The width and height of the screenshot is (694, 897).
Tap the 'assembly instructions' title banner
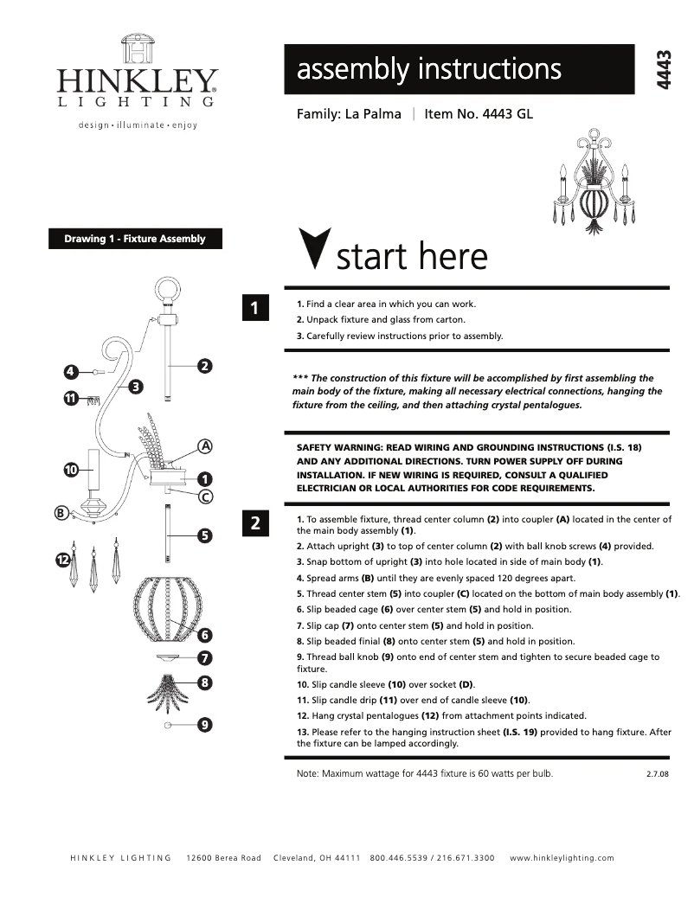point(459,69)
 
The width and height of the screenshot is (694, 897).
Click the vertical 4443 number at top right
point(665,68)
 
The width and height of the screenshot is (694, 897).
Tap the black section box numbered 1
point(255,308)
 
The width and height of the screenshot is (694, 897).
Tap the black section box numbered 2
point(255,522)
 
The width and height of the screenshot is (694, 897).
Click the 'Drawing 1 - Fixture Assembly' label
point(135,239)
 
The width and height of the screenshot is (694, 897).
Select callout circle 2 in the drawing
point(204,366)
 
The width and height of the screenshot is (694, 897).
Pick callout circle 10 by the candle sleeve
point(72,469)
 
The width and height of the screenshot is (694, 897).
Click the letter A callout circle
point(205,446)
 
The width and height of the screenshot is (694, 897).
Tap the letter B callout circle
point(61,513)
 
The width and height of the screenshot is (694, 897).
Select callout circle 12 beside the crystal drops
point(62,561)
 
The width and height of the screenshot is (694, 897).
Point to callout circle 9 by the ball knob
point(204,725)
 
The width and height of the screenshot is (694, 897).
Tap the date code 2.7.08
point(658,774)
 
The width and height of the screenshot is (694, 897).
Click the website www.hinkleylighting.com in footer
point(562,858)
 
